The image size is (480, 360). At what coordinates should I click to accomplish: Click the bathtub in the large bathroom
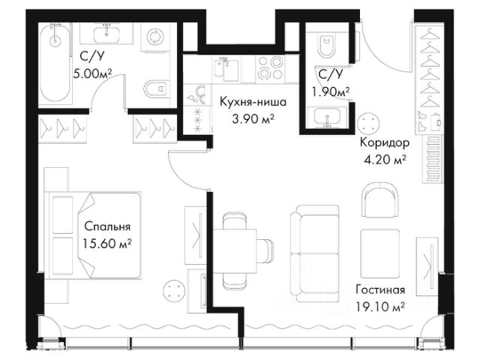click(55, 63)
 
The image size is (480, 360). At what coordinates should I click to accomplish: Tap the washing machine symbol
click(155, 37)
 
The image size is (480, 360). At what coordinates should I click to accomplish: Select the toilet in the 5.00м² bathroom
click(157, 88)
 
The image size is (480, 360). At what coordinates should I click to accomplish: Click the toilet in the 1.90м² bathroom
click(327, 46)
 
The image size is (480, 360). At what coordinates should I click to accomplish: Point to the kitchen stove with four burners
click(270, 68)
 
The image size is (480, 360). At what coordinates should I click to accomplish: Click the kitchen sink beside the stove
click(226, 68)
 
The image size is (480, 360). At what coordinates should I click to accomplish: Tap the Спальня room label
click(107, 226)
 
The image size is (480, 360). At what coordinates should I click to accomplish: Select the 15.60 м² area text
click(107, 244)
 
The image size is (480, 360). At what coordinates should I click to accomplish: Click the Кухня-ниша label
click(253, 102)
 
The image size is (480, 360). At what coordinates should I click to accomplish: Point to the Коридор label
click(385, 142)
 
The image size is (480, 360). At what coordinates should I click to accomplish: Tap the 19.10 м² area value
click(380, 306)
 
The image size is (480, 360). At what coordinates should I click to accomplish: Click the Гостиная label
click(380, 289)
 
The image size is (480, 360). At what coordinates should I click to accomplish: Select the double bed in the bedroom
click(93, 235)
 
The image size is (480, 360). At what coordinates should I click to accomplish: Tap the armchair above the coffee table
click(380, 199)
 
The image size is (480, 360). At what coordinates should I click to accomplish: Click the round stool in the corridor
click(369, 124)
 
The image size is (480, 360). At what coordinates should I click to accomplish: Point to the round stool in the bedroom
click(174, 290)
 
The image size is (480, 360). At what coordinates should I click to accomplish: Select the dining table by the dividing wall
click(235, 251)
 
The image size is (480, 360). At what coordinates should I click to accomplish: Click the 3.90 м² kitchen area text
click(253, 118)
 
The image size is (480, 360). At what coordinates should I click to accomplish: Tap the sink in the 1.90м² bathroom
click(327, 117)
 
